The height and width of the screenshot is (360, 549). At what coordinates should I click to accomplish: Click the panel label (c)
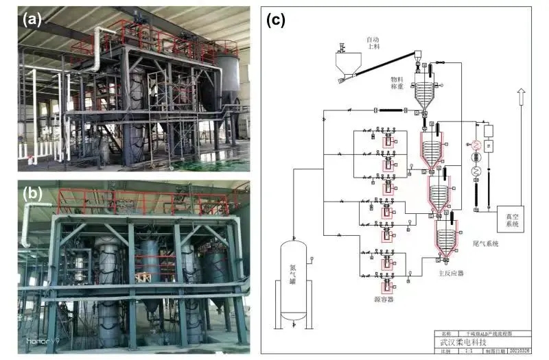pyautogui.click(x=275, y=20)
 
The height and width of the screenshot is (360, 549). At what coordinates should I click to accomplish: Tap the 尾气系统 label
pyautogui.click(x=486, y=244)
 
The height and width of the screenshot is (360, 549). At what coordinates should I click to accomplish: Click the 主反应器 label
pyautogui.click(x=451, y=273)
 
